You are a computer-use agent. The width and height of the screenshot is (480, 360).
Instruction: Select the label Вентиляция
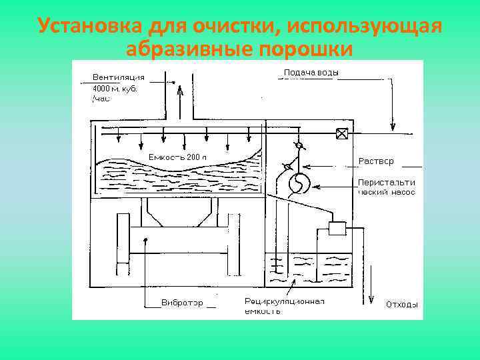pyautogui.click(x=119, y=77)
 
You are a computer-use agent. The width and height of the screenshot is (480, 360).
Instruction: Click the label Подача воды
pyautogui.click(x=311, y=72)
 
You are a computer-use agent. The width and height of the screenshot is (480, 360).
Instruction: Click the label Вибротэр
pyautogui.click(x=182, y=303)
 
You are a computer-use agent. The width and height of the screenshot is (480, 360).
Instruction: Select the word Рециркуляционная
pyautogui.click(x=285, y=301)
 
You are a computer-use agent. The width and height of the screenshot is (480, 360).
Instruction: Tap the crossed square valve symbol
pyautogui.click(x=342, y=134)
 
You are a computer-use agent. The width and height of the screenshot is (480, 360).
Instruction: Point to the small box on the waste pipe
pyautogui.click(x=336, y=228)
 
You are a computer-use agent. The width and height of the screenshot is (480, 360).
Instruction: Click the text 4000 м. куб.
pyautogui.click(x=114, y=88)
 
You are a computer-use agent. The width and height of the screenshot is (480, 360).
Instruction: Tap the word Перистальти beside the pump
pyautogui.click(x=386, y=182)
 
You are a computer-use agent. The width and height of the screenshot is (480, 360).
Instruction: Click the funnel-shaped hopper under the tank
pyautogui.click(x=179, y=213)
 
